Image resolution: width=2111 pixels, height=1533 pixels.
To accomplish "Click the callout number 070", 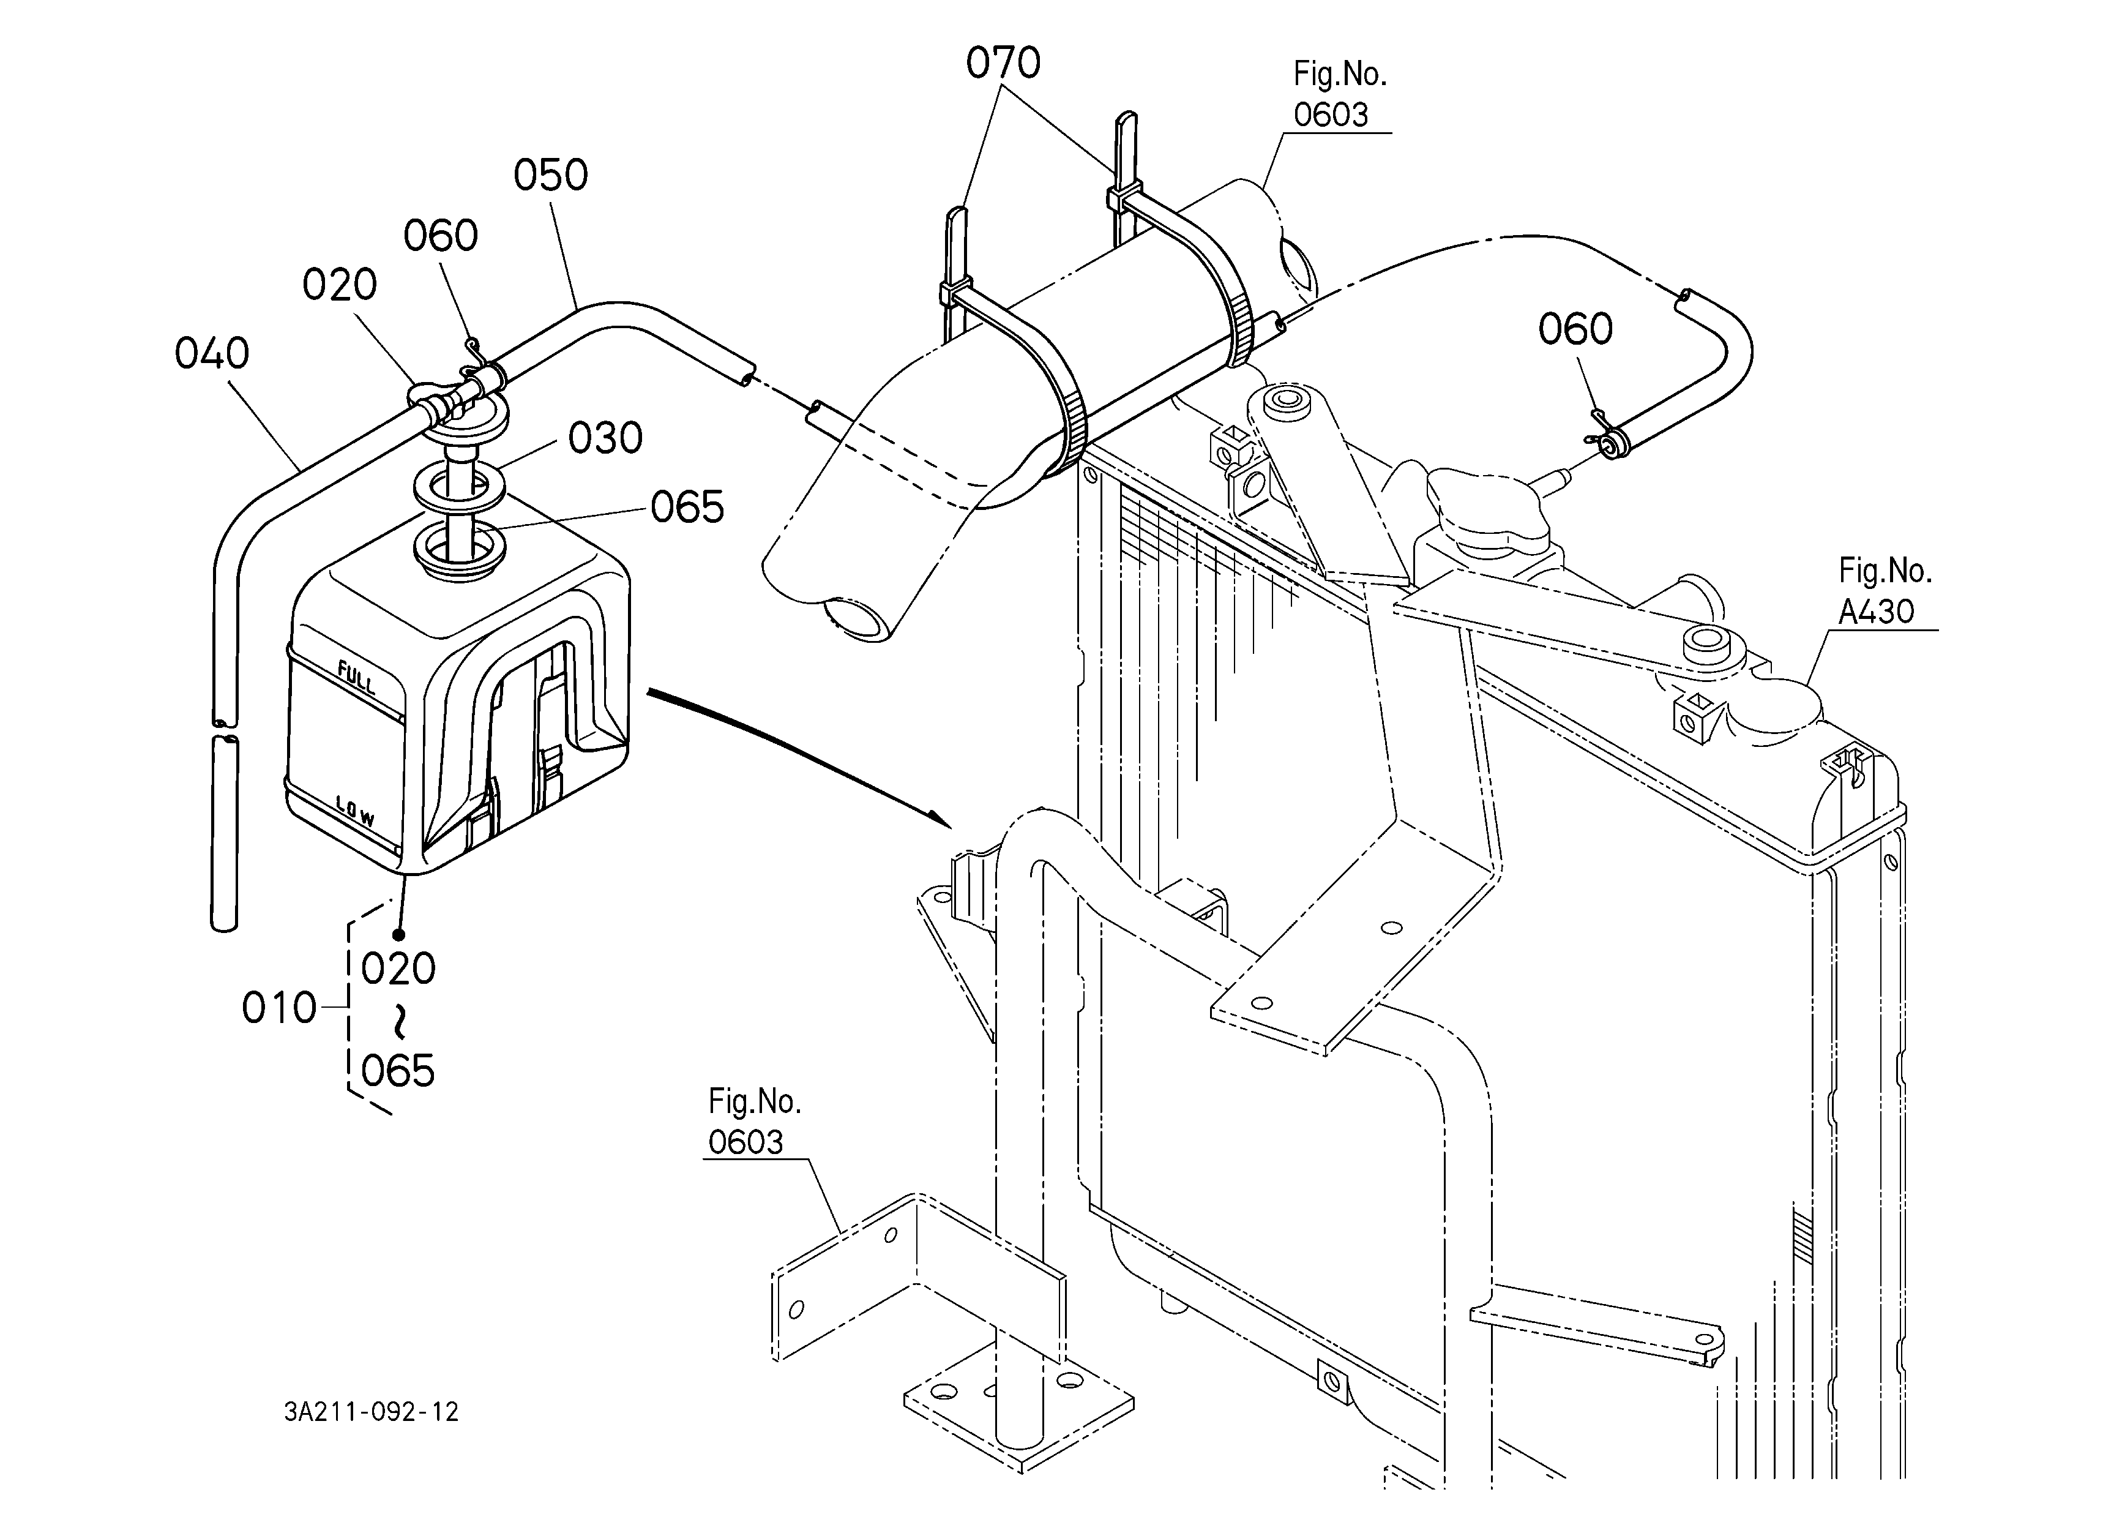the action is [x=1003, y=63].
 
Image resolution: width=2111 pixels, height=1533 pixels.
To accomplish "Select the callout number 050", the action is [x=551, y=175].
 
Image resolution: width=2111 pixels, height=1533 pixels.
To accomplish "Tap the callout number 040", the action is [x=212, y=354].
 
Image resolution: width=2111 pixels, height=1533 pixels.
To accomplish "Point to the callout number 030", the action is [x=605, y=438].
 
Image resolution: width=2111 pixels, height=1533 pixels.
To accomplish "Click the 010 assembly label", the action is [x=279, y=1008].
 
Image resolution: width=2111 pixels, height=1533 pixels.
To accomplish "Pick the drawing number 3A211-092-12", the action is [x=372, y=1412].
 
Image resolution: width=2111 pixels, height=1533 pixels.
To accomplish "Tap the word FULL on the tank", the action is [x=356, y=678].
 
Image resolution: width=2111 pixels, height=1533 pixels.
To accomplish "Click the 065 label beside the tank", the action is [x=687, y=508].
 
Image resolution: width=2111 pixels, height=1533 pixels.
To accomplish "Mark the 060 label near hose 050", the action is [x=440, y=236].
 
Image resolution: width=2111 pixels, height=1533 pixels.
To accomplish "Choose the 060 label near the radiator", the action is [x=1575, y=329].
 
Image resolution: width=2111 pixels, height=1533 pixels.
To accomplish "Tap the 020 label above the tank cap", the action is [x=339, y=284].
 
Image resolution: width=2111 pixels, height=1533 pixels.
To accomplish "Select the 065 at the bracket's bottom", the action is [x=397, y=1071].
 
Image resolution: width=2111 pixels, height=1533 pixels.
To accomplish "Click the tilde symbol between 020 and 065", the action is [x=399, y=1021].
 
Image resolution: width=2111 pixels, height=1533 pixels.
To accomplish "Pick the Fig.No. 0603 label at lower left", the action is [x=754, y=1122].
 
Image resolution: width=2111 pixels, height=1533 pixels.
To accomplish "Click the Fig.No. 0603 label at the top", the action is [x=1339, y=94].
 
